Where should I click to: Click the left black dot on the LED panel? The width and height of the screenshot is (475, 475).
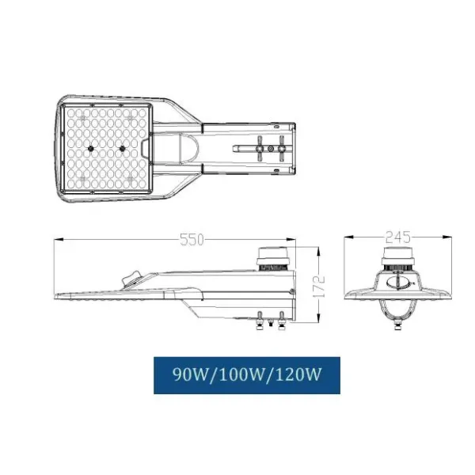click(91, 148)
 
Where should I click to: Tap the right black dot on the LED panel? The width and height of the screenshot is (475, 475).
click(123, 148)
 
